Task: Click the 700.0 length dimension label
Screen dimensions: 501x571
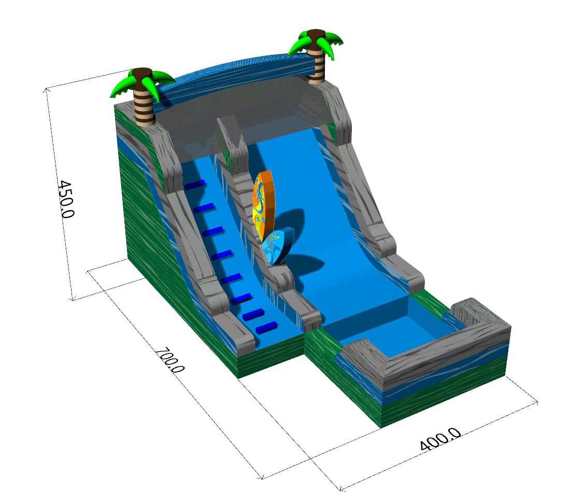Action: pyautogui.click(x=169, y=360)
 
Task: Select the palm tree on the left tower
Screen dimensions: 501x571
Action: pyautogui.click(x=143, y=96)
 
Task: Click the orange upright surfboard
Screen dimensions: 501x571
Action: pyautogui.click(x=263, y=204)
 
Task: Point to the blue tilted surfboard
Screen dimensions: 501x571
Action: pyautogui.click(x=276, y=247)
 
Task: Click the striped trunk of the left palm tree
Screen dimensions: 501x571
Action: pyautogui.click(x=145, y=106)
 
